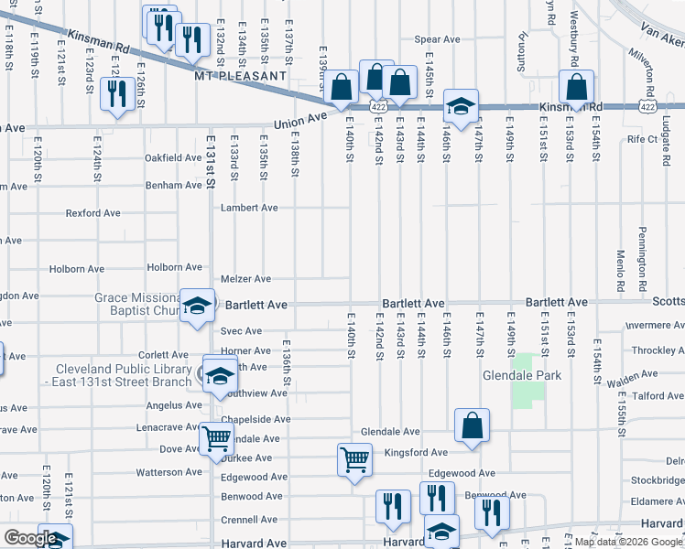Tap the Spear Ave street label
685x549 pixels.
437,39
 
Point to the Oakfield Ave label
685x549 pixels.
172,157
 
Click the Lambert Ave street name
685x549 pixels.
249,208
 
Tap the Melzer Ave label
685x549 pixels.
245,279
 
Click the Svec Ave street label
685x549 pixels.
240,331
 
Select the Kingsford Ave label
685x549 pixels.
416,452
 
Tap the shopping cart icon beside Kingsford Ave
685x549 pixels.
354,458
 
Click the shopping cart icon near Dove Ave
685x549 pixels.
216,438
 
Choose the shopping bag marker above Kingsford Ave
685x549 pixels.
472,425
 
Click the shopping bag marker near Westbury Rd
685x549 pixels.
577,88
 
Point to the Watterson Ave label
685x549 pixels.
168,472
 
